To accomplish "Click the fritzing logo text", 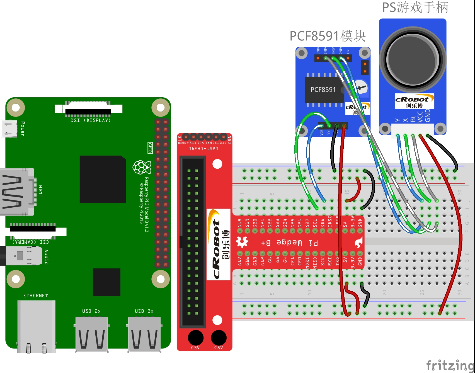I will point(450,365).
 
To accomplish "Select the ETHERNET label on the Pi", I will point(36,296).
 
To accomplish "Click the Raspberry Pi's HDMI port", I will point(17,192).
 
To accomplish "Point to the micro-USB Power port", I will point(10,129).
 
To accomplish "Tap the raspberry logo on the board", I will point(142,167).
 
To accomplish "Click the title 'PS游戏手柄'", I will point(415,8).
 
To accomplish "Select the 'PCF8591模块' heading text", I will point(328,36).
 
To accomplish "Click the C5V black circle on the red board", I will point(219,338).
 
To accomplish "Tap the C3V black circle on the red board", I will point(195,338).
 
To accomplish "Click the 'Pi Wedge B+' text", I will point(289,243).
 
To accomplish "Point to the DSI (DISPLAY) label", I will point(91,120).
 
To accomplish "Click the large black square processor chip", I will point(103,179).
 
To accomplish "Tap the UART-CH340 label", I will point(203,149).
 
